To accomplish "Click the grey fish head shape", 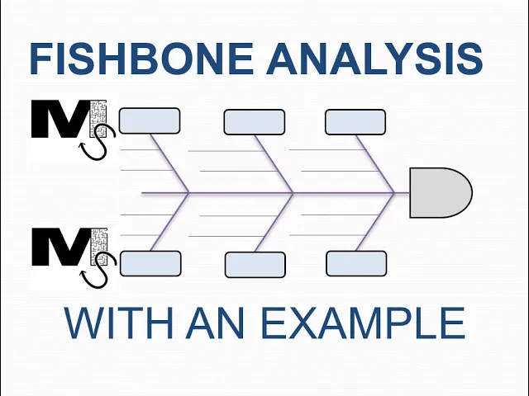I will pos(440,192).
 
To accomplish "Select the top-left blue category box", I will pos(150,121).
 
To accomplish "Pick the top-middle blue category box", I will pos(254,122).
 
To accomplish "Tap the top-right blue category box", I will pos(355,122).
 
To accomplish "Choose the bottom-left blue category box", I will pos(150,263).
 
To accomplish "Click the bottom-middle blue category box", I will pos(255,265).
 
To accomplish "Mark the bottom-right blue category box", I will pos(356,264).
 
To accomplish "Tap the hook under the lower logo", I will pos(98,272).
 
